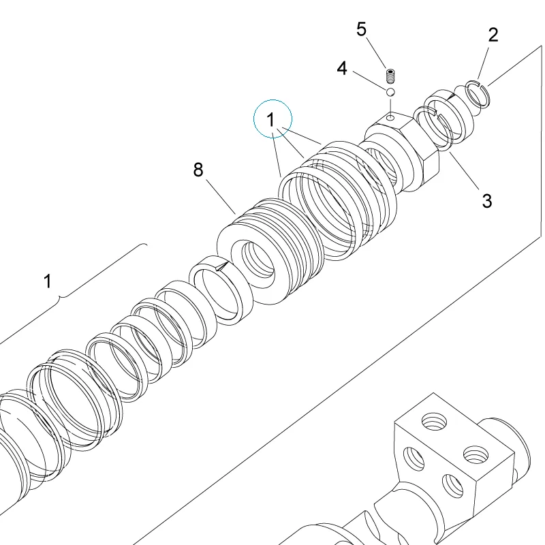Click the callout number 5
click(362, 29)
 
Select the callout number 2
click(493, 35)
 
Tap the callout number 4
click(342, 69)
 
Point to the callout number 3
click(487, 201)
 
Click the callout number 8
click(198, 170)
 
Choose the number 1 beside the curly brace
click(48, 281)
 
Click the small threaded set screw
click(391, 76)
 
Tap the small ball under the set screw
click(390, 92)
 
